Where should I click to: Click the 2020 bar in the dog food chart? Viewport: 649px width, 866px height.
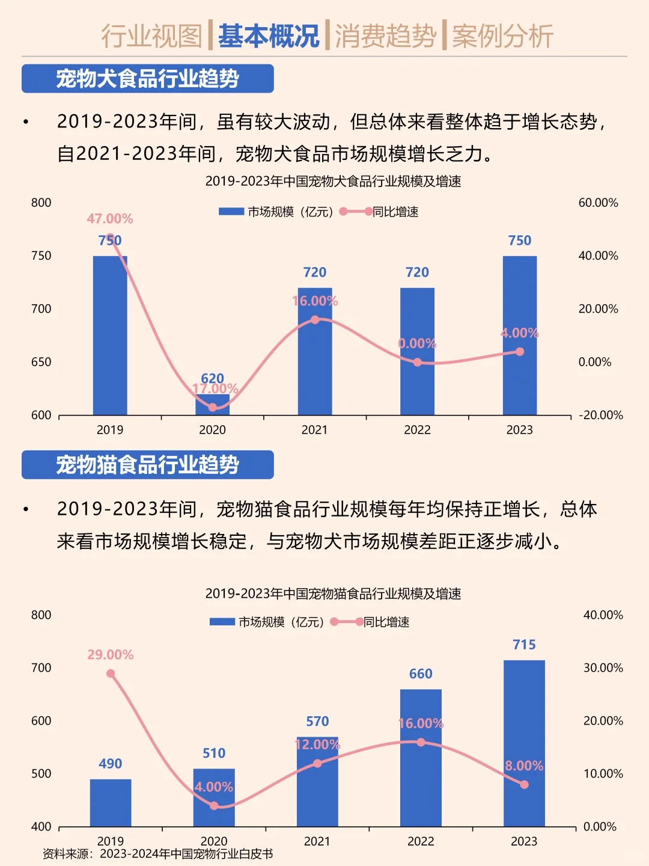click(x=212, y=405)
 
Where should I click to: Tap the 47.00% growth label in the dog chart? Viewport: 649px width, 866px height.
click(x=110, y=219)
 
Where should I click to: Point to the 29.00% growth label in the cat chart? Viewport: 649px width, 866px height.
click(x=111, y=654)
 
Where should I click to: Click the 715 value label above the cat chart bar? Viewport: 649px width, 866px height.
click(x=524, y=645)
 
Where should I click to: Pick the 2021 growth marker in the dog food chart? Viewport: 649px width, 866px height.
click(x=315, y=320)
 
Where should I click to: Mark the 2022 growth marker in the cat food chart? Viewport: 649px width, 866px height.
click(x=421, y=742)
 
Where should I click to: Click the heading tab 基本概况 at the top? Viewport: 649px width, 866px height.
click(x=268, y=36)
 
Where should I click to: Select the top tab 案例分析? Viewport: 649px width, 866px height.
click(x=502, y=36)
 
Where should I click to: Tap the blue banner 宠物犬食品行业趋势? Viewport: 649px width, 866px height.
click(x=148, y=79)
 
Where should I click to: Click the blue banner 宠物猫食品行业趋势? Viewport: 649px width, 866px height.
click(x=148, y=465)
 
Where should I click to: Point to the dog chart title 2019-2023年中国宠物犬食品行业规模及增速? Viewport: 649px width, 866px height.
click(x=333, y=181)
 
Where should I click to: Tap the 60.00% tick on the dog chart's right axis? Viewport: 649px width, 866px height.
click(x=598, y=203)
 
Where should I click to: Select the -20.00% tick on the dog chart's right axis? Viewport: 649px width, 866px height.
click(x=600, y=415)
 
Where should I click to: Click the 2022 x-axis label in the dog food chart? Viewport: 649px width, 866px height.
click(x=417, y=429)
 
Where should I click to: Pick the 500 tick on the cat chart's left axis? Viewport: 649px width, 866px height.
click(x=41, y=773)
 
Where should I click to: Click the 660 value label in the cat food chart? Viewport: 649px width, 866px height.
click(x=421, y=674)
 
